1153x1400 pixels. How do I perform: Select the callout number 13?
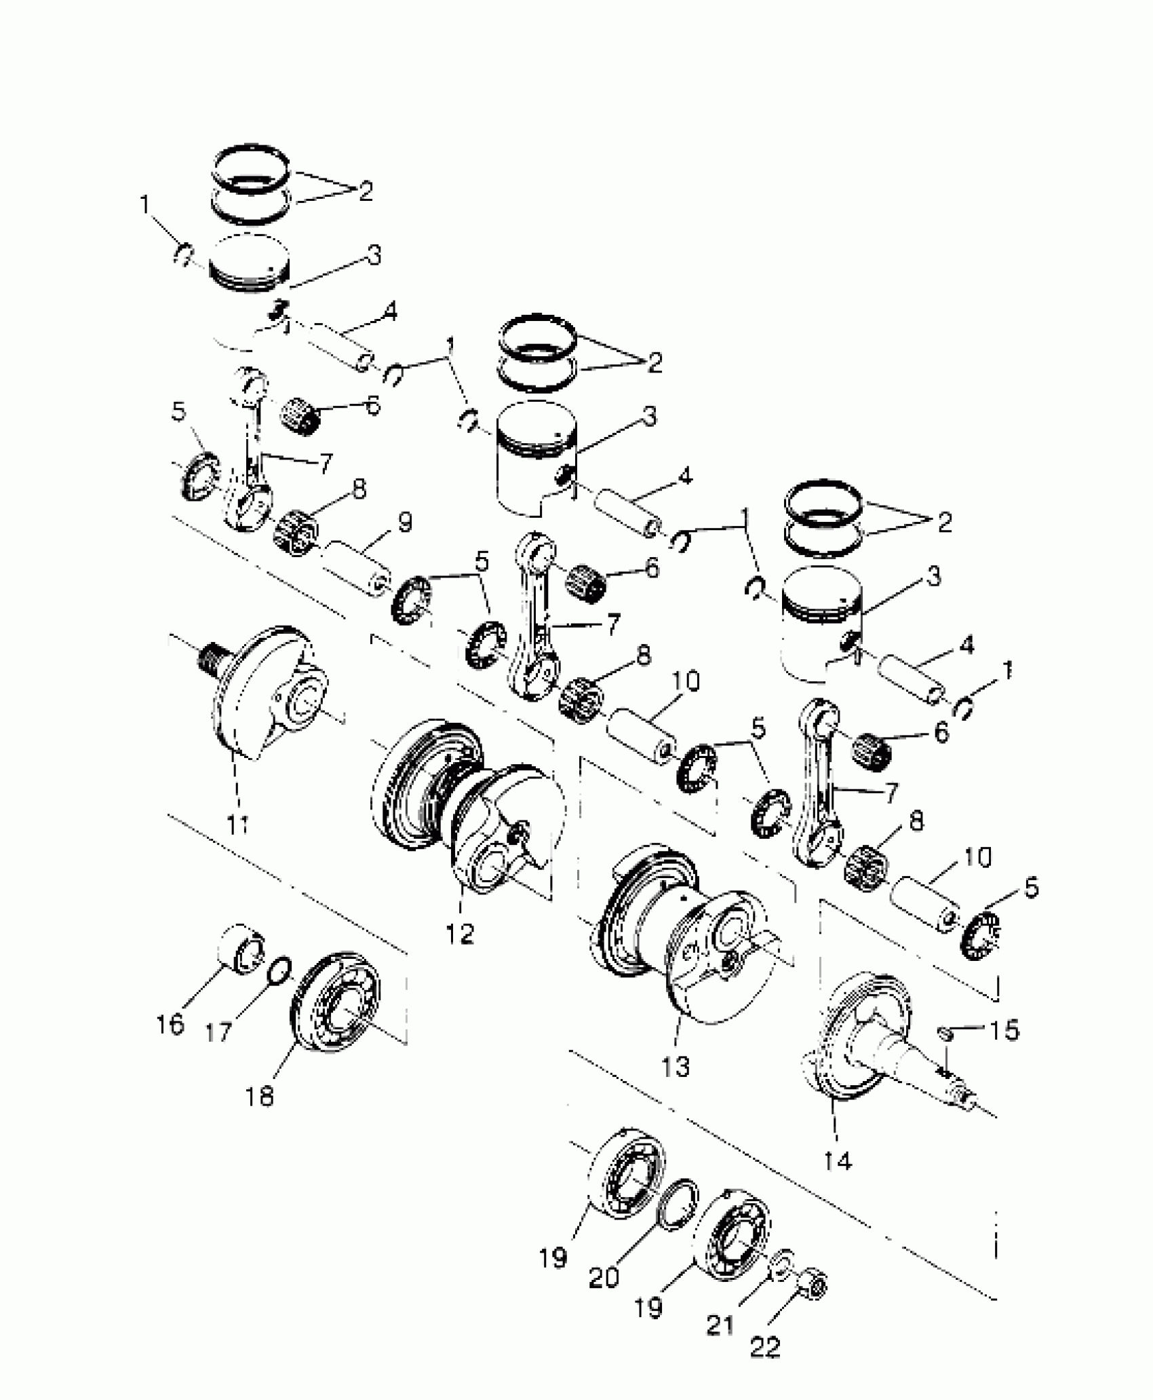coord(675,1065)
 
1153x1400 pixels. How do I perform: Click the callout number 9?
coord(404,524)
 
